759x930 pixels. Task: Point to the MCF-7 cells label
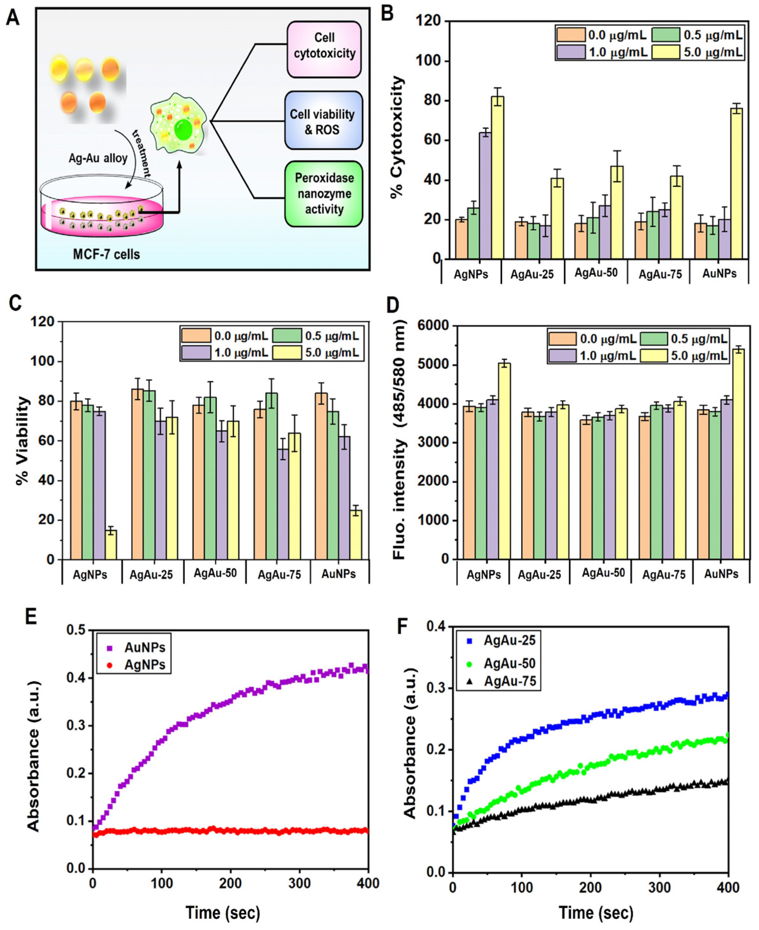click(106, 254)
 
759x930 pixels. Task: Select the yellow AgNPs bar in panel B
click(497, 177)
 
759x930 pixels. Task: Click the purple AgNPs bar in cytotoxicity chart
click(485, 195)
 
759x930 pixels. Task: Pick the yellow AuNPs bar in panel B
click(736, 183)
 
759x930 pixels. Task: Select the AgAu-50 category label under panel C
click(215, 573)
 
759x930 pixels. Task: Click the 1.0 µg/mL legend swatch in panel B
click(571, 52)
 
